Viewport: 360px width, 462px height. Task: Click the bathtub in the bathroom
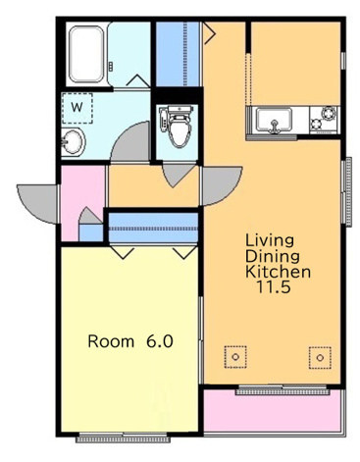(x=86, y=54)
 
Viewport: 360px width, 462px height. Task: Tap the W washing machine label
(x=77, y=107)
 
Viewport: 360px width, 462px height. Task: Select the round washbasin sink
(x=74, y=142)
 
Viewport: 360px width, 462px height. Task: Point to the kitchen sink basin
(x=274, y=120)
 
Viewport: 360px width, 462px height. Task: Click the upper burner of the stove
(x=328, y=114)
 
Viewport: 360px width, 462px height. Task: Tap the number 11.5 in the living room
(x=274, y=286)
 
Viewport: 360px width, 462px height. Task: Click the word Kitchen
(x=278, y=271)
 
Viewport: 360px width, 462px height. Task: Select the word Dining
(x=273, y=256)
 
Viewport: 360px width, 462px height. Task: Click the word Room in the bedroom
(x=111, y=341)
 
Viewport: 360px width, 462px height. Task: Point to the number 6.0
(x=160, y=341)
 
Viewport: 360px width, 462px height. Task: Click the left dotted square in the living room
(x=235, y=357)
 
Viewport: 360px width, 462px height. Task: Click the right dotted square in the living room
(x=320, y=358)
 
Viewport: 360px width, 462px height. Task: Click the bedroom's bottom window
(x=123, y=437)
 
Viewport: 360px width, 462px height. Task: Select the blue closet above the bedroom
(x=153, y=227)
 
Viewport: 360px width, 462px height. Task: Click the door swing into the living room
(x=221, y=185)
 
